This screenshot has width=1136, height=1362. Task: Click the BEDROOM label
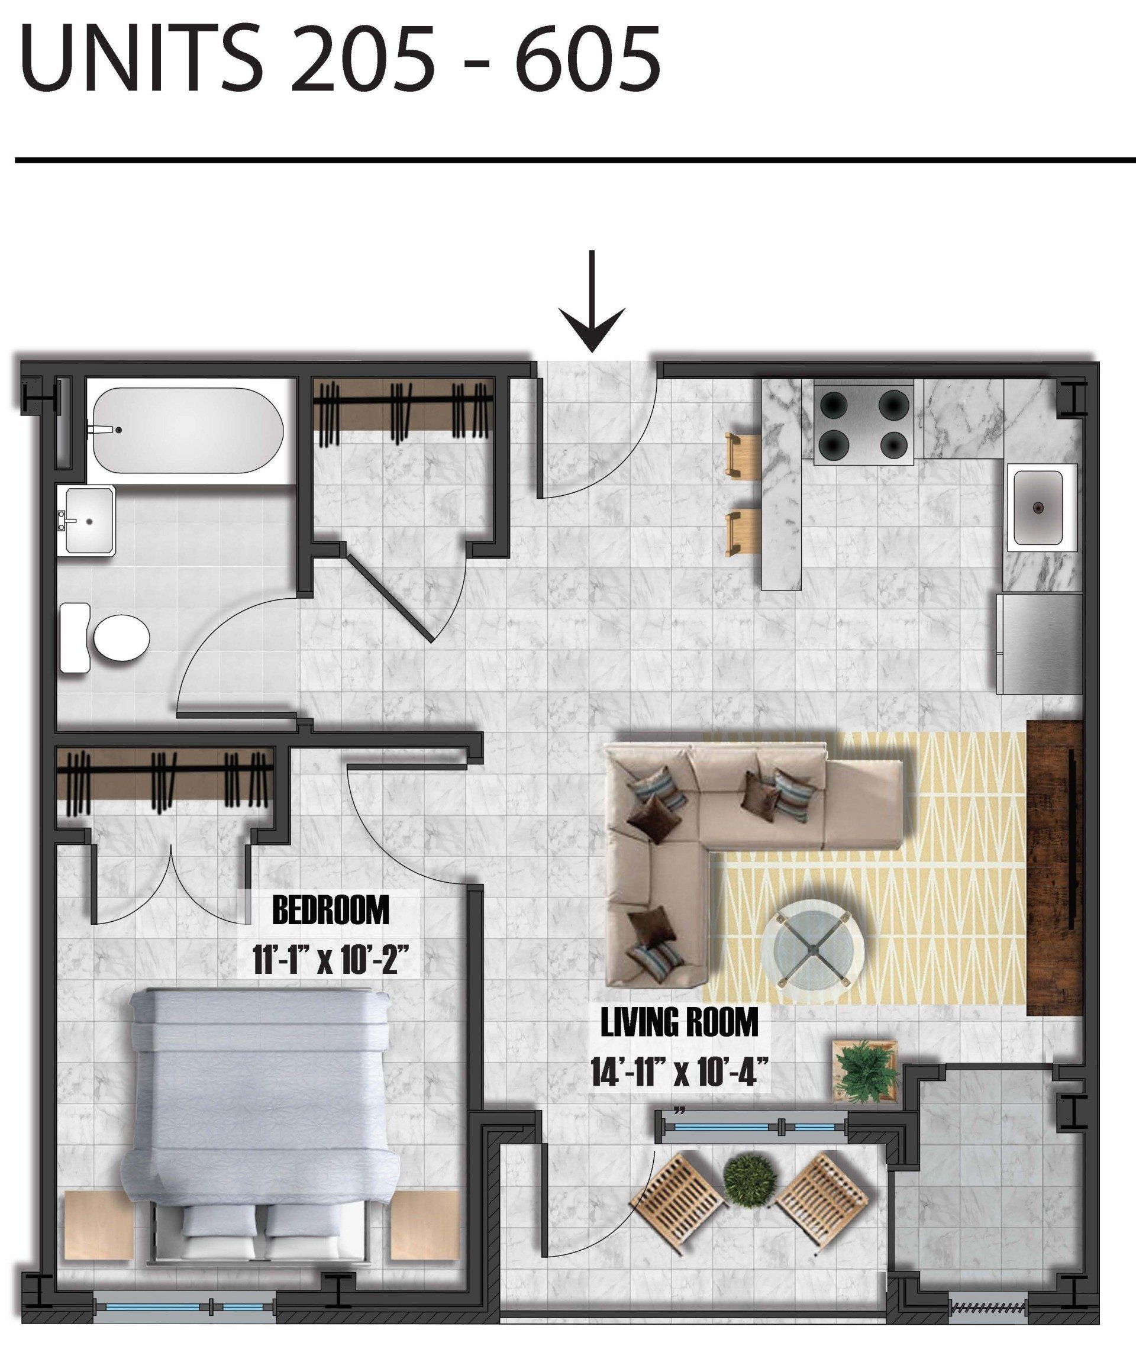click(331, 911)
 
